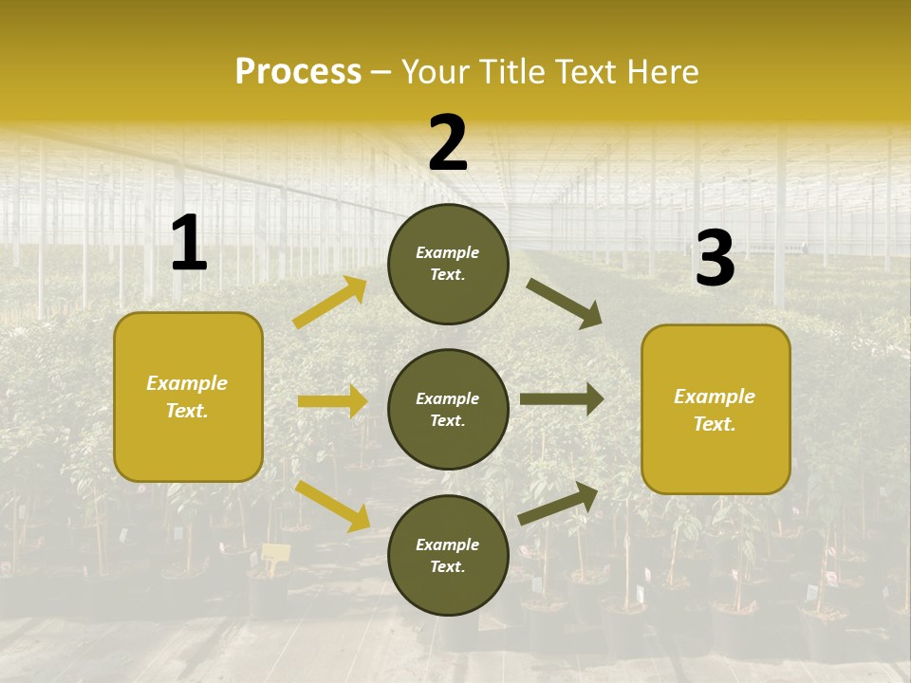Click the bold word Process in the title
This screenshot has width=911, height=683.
[298, 72]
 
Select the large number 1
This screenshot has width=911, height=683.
[189, 244]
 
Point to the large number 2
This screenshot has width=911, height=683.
[448, 143]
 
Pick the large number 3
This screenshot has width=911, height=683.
[715, 259]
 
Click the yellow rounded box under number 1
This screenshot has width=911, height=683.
[188, 397]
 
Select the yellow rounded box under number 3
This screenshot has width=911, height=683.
[716, 409]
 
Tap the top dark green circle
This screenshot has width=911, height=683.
[448, 264]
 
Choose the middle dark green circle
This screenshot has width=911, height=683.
[448, 410]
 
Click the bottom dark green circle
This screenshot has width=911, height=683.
[448, 555]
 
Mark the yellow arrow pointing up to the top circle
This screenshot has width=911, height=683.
[330, 303]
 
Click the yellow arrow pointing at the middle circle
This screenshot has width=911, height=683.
[332, 401]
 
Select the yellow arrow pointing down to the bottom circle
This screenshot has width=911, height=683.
[332, 506]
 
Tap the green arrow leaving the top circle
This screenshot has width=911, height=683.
[565, 304]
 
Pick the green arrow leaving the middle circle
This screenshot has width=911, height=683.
[562, 400]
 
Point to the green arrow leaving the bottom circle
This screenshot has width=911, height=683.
[559, 503]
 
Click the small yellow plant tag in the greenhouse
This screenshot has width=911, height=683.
[274, 554]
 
